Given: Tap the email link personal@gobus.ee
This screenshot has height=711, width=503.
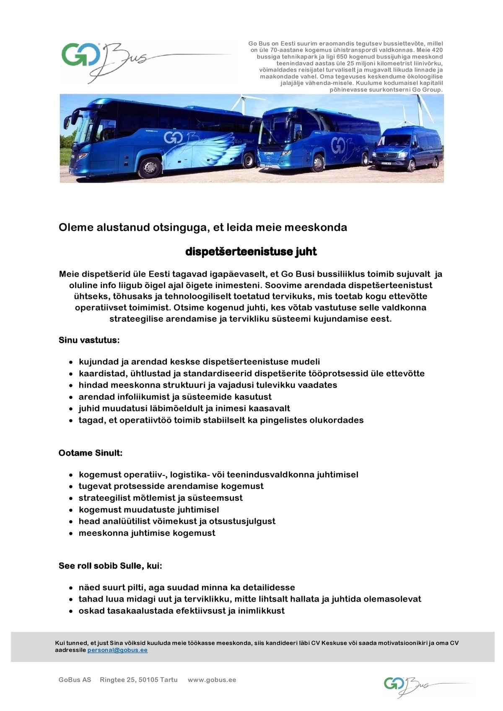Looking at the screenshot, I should [x=117, y=650].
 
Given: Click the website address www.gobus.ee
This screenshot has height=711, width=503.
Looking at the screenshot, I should [x=212, y=680].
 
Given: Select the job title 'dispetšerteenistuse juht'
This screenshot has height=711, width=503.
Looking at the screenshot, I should [x=251, y=251].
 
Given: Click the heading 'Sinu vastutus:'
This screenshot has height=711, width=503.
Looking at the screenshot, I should [x=89, y=340].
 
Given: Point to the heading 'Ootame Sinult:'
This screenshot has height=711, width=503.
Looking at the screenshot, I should [x=91, y=453].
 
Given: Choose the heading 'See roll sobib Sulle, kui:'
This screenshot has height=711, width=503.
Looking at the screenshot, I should [x=110, y=566].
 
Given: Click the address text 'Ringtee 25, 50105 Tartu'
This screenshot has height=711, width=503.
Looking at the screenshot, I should [x=139, y=680].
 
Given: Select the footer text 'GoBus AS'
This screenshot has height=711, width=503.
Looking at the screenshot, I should [x=75, y=680].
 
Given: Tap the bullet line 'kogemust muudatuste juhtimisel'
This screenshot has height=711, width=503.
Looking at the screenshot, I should [x=149, y=509].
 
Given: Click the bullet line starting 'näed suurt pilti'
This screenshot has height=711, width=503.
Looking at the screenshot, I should [x=187, y=587].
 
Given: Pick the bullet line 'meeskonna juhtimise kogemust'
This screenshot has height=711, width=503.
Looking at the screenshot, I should [x=147, y=533].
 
